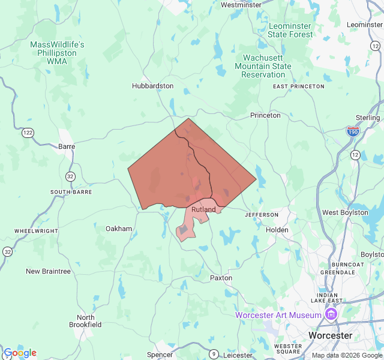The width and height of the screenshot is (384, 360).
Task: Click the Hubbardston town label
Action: click(152, 86)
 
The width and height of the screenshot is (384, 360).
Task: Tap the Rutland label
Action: click(203, 209)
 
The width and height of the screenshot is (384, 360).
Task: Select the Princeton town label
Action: click(265, 115)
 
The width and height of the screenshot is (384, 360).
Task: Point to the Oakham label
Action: click(119, 229)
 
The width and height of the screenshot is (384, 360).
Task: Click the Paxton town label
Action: click(221, 278)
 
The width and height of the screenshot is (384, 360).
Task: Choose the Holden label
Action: click(277, 230)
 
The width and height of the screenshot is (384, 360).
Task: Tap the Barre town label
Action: click(67, 146)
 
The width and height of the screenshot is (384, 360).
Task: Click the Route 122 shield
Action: click(28, 133)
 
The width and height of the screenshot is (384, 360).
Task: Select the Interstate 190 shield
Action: click(353, 130)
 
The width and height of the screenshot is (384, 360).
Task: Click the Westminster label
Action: click(241, 5)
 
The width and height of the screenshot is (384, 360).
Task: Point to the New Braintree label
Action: click(48, 271)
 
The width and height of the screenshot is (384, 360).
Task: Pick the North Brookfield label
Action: click(85, 321)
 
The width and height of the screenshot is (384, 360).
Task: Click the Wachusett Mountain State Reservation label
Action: click(263, 66)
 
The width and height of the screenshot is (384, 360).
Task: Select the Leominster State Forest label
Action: click(290, 30)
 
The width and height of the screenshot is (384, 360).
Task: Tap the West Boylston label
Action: click(345, 212)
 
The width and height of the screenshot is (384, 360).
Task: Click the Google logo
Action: click(20, 353)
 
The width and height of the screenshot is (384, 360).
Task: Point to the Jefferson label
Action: click(262, 214)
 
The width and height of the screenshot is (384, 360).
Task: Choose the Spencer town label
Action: click(160, 355)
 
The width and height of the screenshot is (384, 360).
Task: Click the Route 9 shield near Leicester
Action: click(214, 355)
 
